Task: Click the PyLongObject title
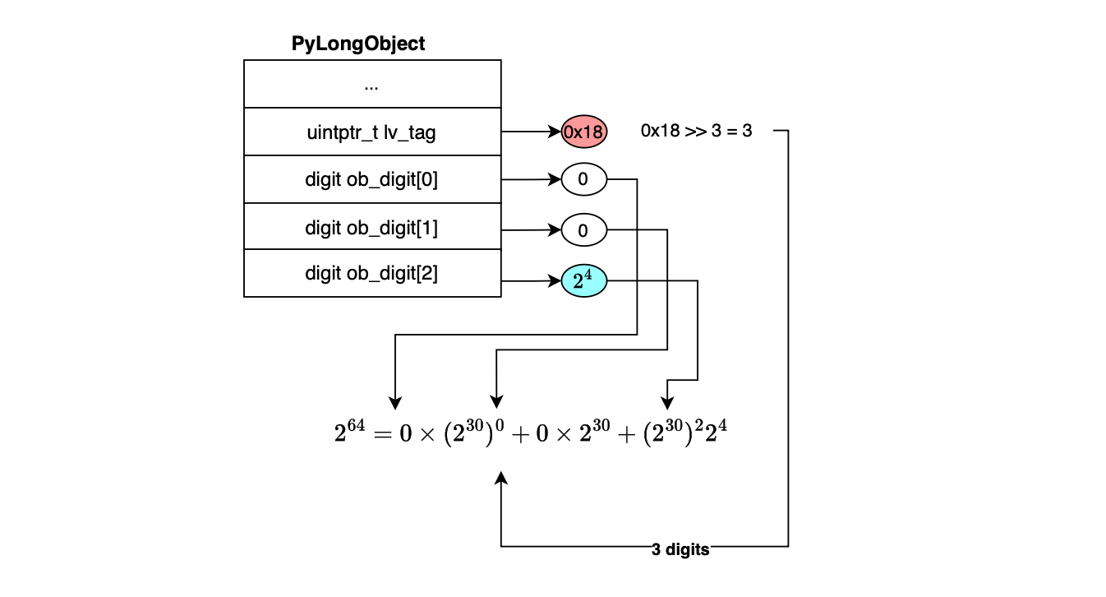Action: tap(358, 44)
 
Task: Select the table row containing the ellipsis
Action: tap(371, 84)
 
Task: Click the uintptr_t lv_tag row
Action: tap(371, 132)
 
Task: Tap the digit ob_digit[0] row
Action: tap(371, 179)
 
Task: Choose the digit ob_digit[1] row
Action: tap(371, 227)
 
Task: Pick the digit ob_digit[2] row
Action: tap(371, 273)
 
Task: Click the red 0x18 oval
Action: tap(583, 132)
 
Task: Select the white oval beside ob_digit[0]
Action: tap(583, 180)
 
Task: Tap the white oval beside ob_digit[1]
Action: tap(583, 231)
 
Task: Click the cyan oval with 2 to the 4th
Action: tap(583, 281)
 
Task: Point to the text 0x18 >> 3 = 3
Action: tap(696, 131)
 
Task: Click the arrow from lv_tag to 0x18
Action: tap(531, 132)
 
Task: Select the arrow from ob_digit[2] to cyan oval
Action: tap(531, 281)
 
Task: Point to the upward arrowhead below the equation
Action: tap(501, 478)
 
